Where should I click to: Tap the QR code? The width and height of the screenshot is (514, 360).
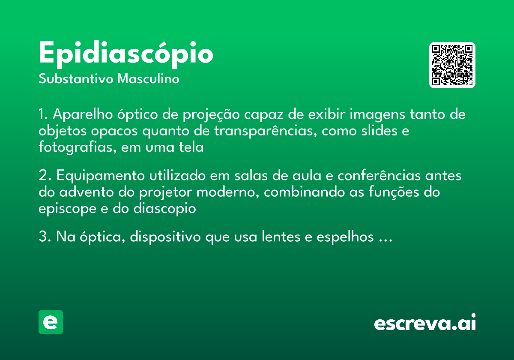click(x=452, y=65)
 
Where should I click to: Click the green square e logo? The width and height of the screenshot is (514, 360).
click(x=51, y=322)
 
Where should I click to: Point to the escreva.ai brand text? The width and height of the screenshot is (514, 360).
click(x=425, y=323)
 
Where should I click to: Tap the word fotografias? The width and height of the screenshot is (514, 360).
click(x=78, y=147)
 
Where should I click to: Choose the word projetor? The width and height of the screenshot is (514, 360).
click(x=166, y=192)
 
